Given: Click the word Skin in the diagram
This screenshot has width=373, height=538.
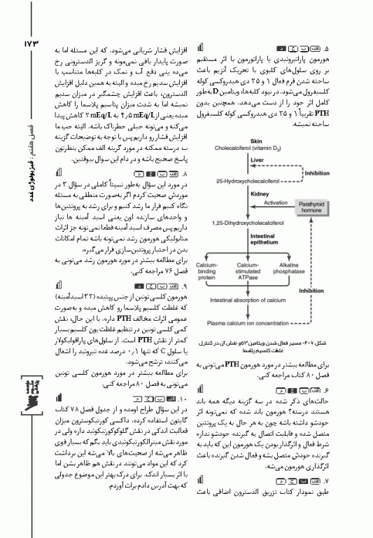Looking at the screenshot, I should pos(237,142).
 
